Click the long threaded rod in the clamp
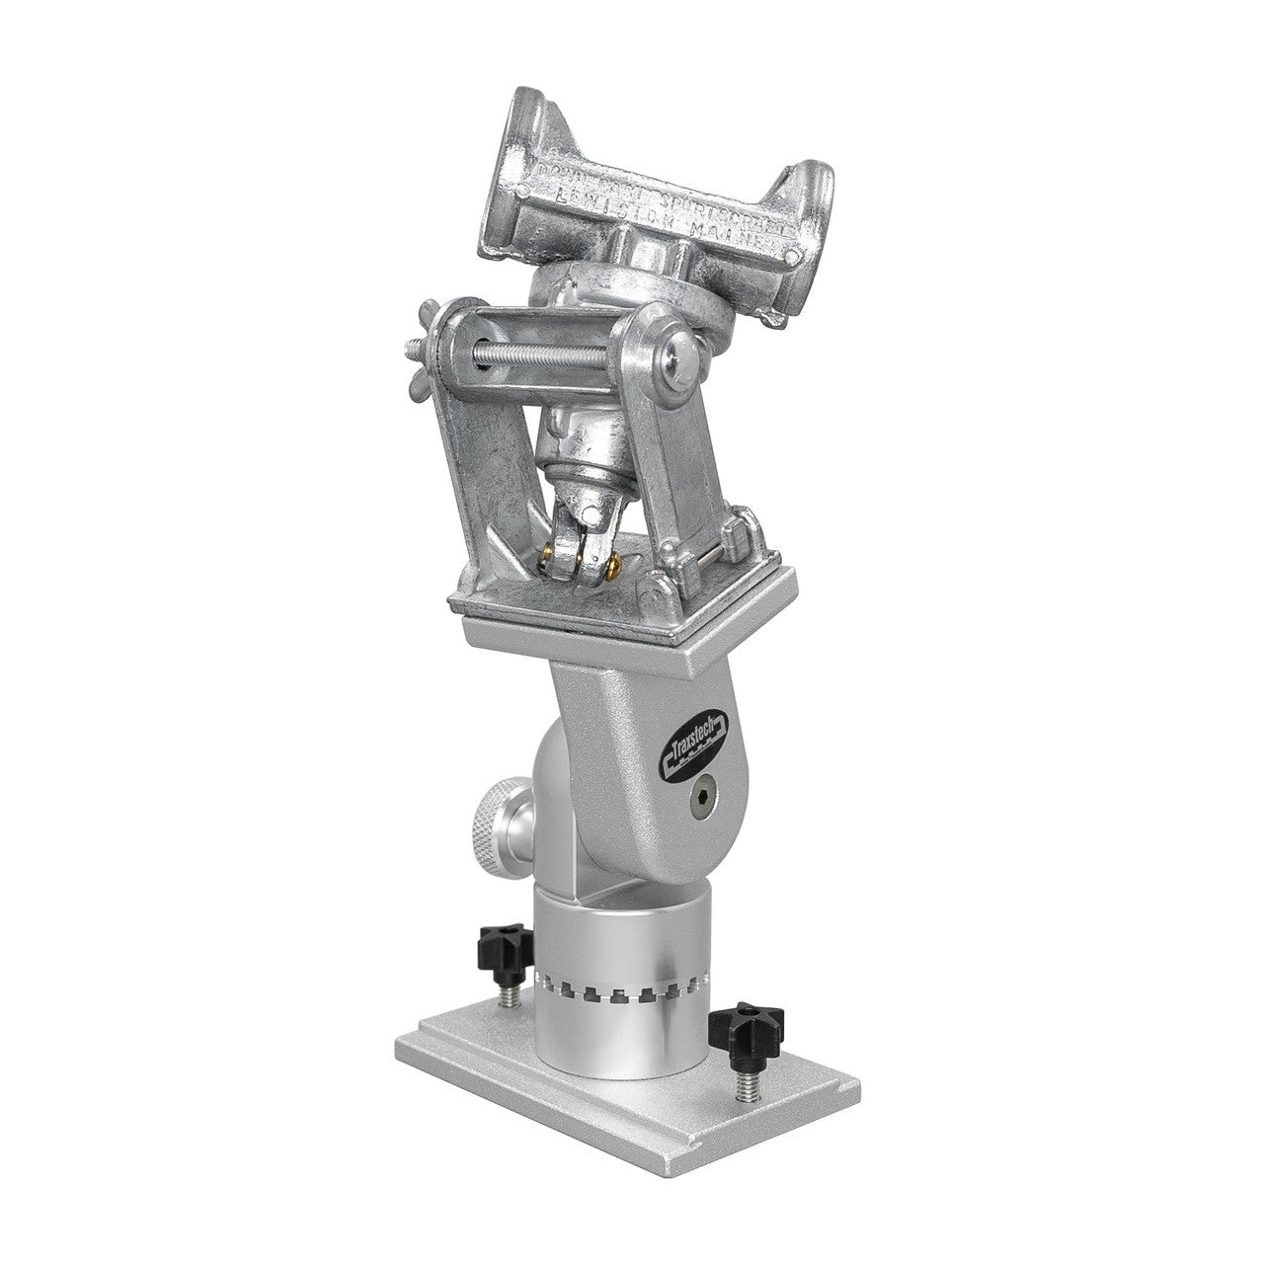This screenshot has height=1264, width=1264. [553, 354]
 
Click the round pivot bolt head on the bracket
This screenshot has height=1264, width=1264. [679, 359]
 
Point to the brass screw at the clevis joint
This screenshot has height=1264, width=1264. [614, 563]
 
